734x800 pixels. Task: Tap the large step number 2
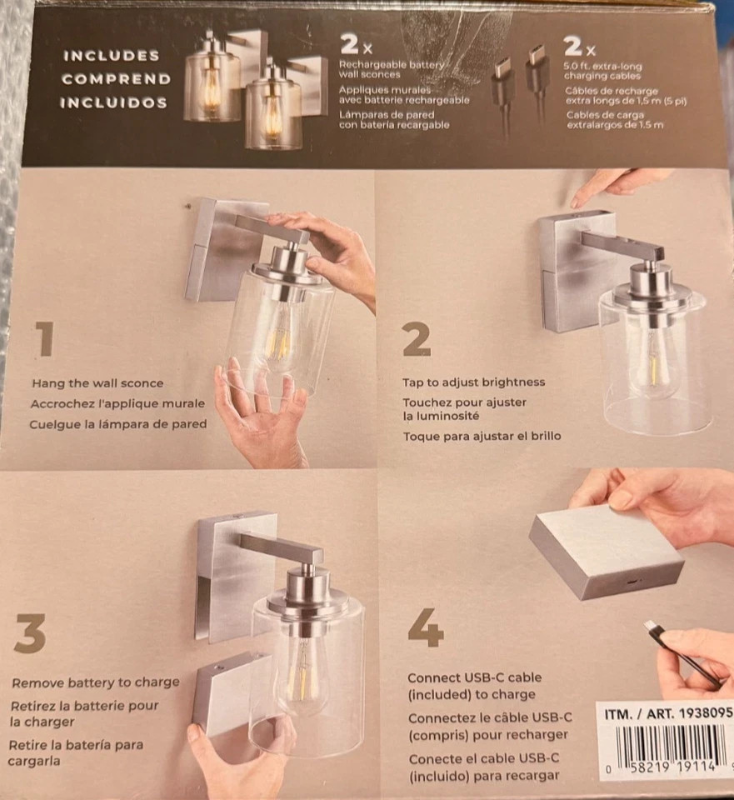416,338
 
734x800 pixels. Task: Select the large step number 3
30,637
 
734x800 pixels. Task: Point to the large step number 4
425,628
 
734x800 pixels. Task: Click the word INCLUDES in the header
112,56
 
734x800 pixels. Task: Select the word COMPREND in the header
116,79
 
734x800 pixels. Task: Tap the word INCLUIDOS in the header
113,102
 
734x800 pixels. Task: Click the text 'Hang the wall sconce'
97,383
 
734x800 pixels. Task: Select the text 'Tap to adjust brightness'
474,382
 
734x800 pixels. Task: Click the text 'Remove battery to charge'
96,682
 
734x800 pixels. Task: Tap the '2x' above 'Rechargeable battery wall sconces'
356,43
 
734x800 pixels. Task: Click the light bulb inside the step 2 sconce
652,362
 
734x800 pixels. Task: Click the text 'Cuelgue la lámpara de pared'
117,423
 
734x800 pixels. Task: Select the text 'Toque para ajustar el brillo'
482,436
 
